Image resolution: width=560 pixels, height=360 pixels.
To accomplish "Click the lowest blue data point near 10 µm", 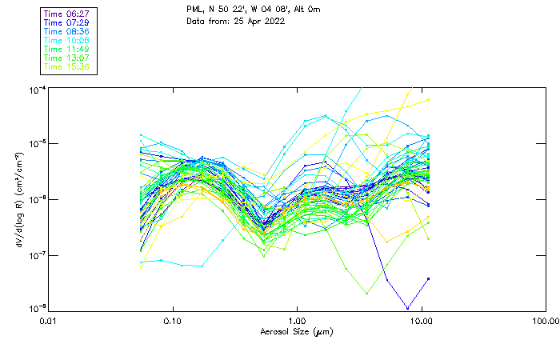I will [408, 308].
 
